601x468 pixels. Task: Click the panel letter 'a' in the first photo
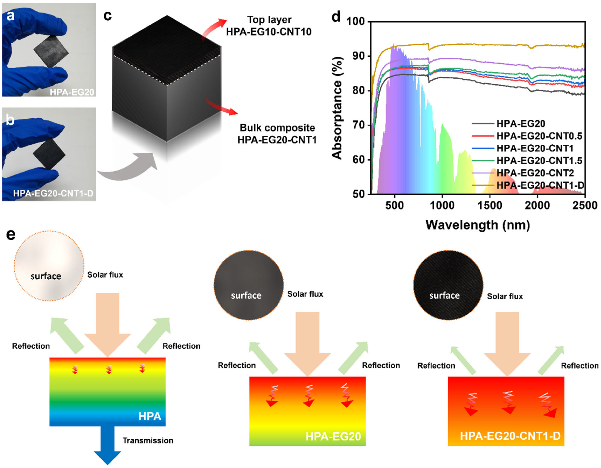point(11,16)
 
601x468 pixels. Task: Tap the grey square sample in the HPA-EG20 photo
point(51,51)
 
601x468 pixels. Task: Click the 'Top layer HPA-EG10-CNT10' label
point(269,26)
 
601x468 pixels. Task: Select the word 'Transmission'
point(148,440)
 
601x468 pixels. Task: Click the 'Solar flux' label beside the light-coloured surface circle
point(105,275)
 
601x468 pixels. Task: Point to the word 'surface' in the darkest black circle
point(444,296)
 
